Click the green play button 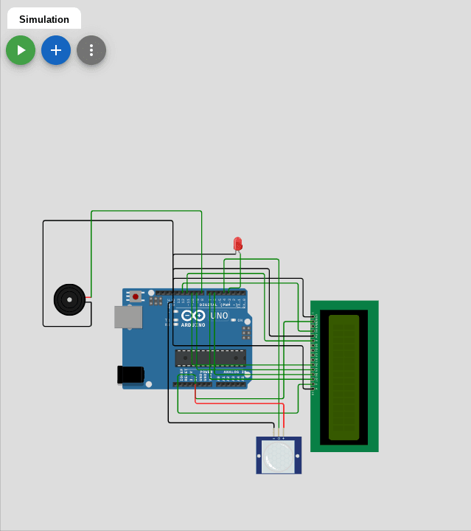(21, 50)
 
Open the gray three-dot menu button (91, 50)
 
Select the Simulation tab (44, 19)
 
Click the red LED (237, 244)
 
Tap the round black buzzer (69, 299)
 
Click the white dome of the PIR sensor (279, 457)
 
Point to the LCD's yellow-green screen (343, 377)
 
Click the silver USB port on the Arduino (128, 317)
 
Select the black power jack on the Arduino (130, 375)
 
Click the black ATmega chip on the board (210, 358)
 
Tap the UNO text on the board (220, 316)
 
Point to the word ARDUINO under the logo (194, 324)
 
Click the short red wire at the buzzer (88, 297)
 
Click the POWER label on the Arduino (206, 372)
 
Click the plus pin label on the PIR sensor (283, 439)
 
